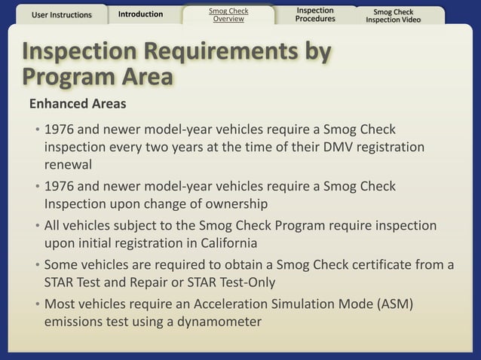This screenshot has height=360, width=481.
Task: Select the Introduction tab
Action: tap(140, 14)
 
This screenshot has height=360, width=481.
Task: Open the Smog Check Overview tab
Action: tap(228, 15)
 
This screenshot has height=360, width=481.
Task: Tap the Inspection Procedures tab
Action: tap(315, 15)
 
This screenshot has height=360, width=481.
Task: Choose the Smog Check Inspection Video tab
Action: tap(393, 15)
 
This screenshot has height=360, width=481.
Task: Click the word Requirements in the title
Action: tap(204, 51)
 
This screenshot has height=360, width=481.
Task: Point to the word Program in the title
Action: tap(67, 77)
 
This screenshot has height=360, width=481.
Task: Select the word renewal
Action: tap(69, 164)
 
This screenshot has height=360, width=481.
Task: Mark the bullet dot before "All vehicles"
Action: tap(37, 226)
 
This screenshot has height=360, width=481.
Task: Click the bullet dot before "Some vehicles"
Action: tap(37, 265)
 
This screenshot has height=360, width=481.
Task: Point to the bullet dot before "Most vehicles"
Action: tap(37, 304)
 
